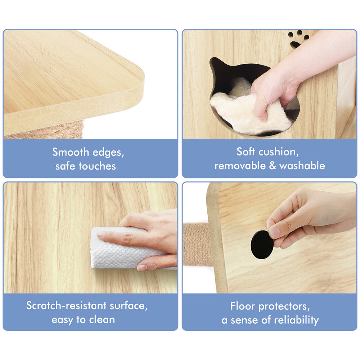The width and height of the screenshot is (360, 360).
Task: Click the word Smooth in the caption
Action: pos(71,152)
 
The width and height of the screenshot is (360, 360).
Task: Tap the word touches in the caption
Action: pos(97,166)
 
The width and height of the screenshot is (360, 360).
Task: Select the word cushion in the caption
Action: pos(279,152)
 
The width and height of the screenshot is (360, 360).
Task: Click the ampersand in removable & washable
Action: pos(272,166)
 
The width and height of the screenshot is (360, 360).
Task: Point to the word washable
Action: pos(302,166)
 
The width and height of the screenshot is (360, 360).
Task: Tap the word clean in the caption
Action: pos(102,319)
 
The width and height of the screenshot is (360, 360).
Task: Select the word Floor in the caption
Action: pos(242,306)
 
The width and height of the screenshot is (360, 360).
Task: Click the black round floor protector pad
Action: pos(262,245)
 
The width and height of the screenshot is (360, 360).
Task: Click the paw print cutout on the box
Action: pos(298,39)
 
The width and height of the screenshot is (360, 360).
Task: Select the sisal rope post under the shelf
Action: pos(46,131)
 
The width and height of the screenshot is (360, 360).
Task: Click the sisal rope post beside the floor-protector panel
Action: pos(197,244)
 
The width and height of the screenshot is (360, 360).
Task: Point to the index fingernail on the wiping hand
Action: pos(101,234)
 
